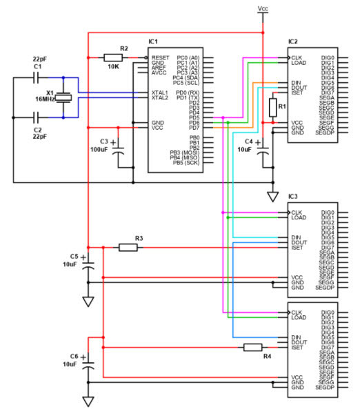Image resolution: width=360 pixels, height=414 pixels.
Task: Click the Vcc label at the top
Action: click(x=262, y=8)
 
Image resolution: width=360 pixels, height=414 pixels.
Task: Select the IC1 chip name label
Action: click(x=153, y=42)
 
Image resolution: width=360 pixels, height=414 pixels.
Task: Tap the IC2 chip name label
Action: click(x=293, y=42)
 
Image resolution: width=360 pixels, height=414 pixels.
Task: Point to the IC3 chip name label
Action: click(x=293, y=197)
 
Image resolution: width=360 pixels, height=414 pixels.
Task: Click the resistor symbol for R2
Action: click(x=113, y=57)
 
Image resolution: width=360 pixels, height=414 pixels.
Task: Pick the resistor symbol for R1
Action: click(x=273, y=107)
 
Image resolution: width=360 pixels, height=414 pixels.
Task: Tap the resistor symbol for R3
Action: click(x=128, y=247)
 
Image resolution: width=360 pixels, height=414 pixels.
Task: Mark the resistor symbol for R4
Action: click(x=253, y=347)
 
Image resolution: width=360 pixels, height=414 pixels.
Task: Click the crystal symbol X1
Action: click(x=63, y=98)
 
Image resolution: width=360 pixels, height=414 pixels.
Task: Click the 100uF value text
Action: click(x=100, y=149)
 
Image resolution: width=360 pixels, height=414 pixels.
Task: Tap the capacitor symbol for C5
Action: click(x=88, y=264)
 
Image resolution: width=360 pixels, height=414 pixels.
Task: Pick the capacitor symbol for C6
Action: click(x=88, y=363)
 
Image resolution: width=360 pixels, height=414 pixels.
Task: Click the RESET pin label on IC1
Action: click(x=160, y=57)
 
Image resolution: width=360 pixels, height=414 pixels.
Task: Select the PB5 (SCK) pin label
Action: click(x=186, y=163)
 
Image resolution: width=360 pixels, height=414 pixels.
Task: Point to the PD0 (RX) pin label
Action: click(x=188, y=92)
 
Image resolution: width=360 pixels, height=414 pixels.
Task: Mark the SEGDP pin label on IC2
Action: click(x=324, y=133)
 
